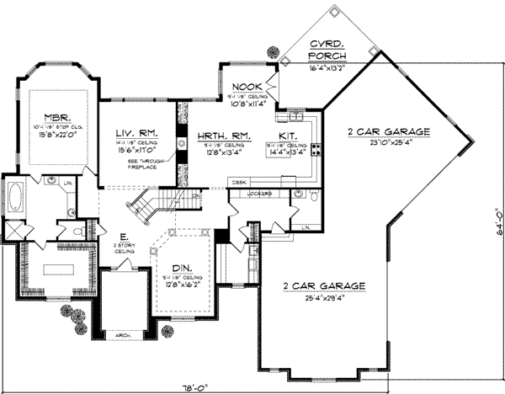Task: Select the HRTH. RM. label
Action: tap(218, 134)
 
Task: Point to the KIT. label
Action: tap(287, 134)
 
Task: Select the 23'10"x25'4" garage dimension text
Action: tap(389, 142)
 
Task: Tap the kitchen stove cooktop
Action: tap(316, 151)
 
